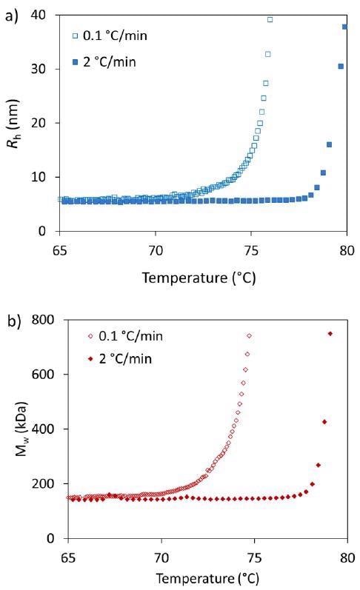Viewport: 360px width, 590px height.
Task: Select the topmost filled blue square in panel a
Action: [344, 27]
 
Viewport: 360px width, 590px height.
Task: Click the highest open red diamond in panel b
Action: [249, 336]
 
